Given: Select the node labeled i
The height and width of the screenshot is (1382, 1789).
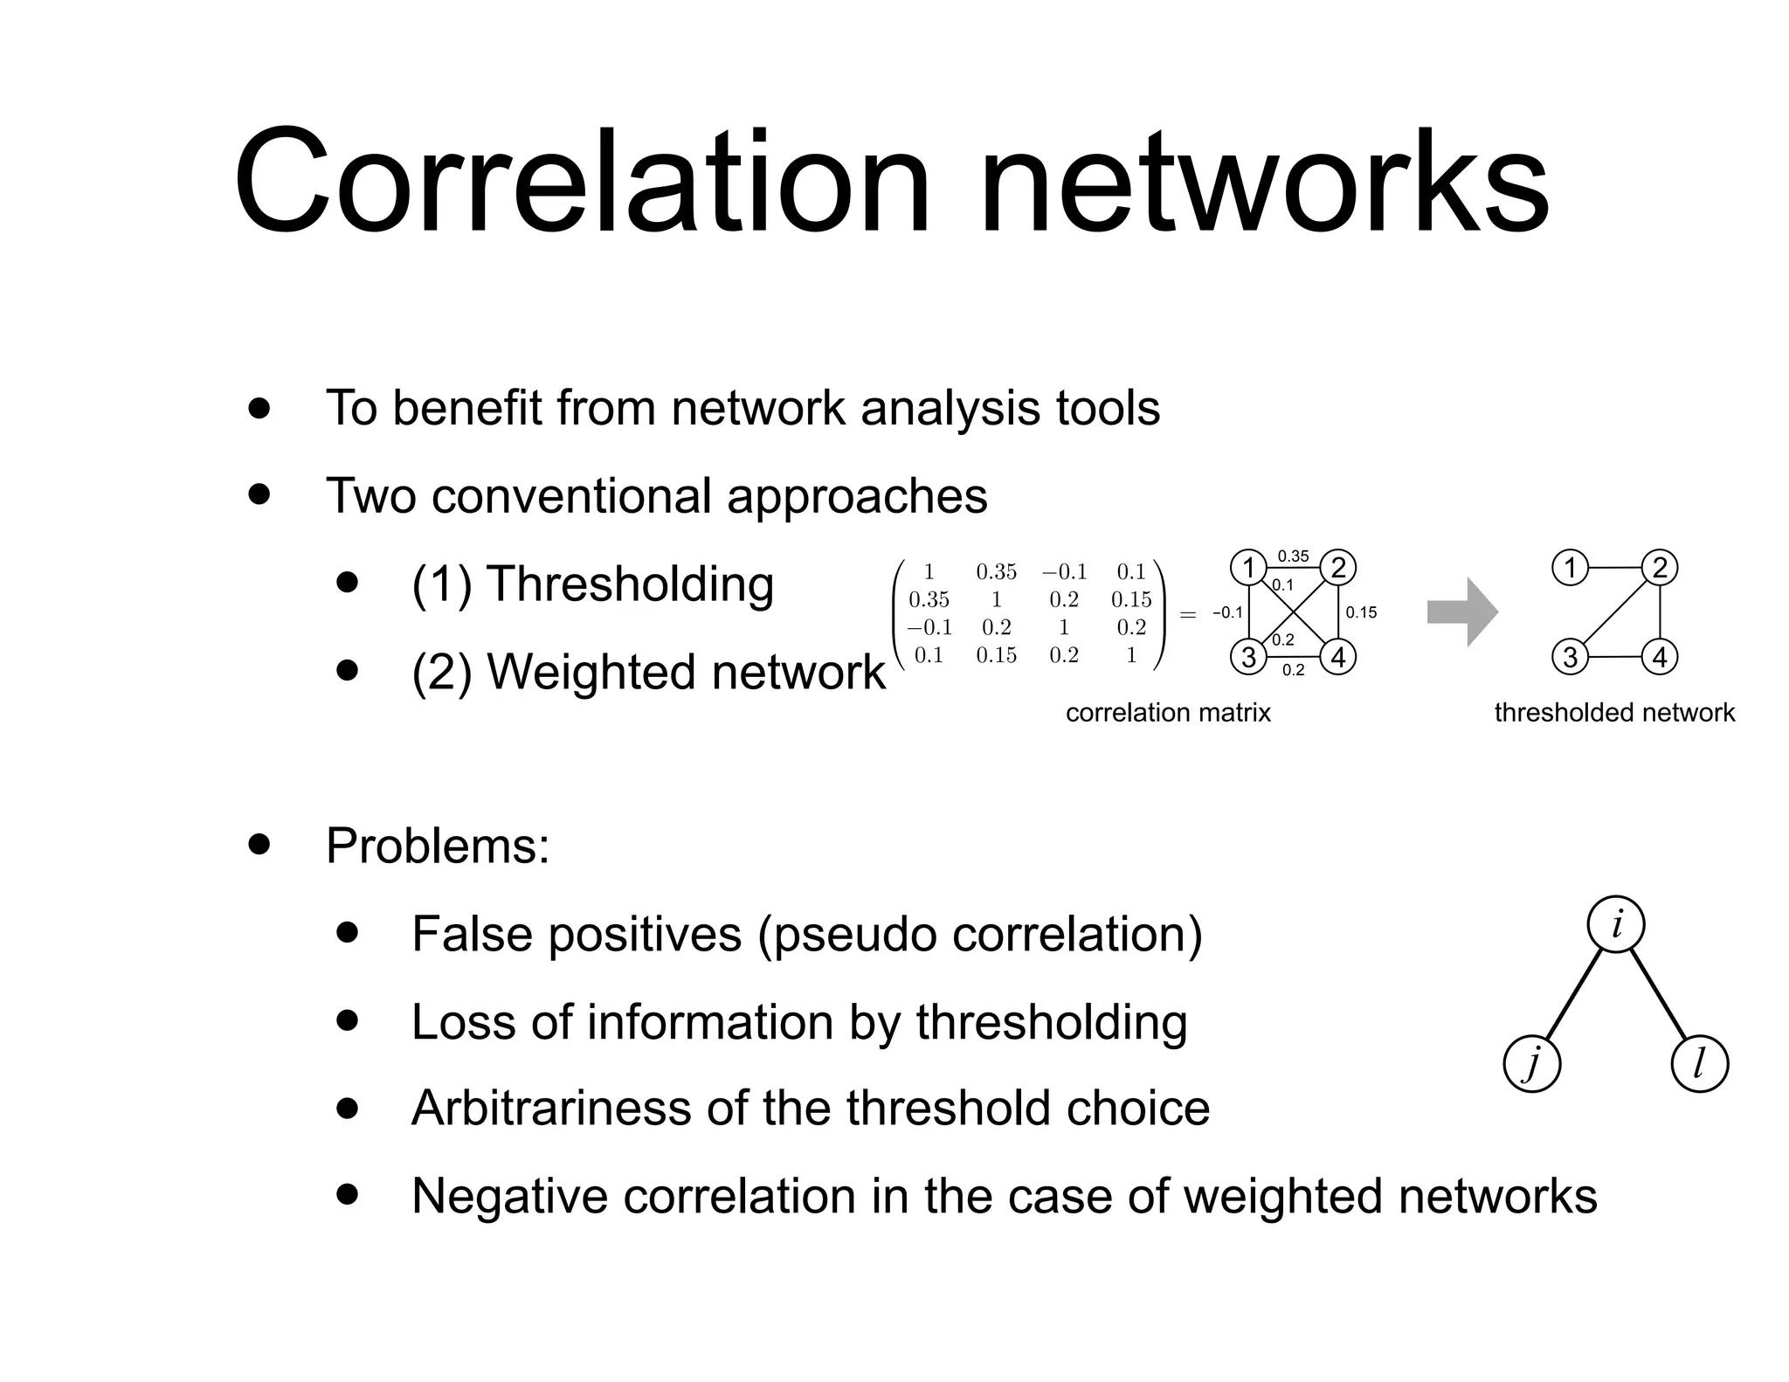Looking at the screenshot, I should [x=1616, y=924].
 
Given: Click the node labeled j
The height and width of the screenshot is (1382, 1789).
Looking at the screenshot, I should [x=1531, y=1065].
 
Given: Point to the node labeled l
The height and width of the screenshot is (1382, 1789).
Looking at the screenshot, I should [x=1699, y=1065].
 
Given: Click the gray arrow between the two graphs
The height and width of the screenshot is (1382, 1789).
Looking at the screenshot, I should [x=1461, y=612].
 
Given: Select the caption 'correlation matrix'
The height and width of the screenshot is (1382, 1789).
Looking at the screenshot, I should [x=1168, y=713].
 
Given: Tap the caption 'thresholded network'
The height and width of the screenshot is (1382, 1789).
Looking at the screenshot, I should [x=1614, y=713].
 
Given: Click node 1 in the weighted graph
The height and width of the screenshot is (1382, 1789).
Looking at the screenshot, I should [x=1248, y=568].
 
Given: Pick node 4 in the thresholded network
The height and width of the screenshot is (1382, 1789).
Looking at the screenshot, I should [x=1660, y=657].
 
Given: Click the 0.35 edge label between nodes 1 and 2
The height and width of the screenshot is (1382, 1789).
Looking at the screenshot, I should [x=1293, y=556].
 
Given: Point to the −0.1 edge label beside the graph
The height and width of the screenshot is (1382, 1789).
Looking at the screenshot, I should [x=1227, y=612].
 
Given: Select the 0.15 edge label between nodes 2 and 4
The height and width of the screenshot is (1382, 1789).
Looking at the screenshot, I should [x=1361, y=612].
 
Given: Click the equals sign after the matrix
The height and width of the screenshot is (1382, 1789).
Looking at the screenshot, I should [x=1188, y=614].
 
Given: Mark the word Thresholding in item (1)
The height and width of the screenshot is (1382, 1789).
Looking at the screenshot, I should [x=630, y=584].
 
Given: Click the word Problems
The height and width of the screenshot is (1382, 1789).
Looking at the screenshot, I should [x=438, y=846].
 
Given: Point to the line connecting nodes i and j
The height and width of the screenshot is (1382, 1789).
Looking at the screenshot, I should [x=1574, y=994].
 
